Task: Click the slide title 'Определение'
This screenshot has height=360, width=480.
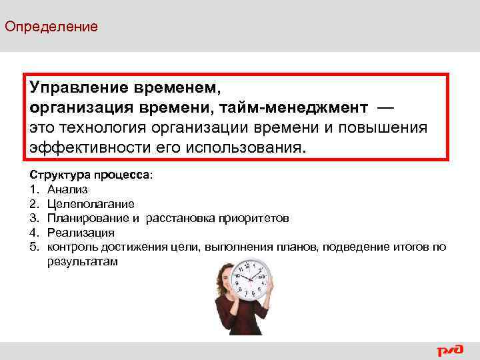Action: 51,27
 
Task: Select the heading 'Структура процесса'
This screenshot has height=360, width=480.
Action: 90,174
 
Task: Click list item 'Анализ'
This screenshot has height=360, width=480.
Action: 67,189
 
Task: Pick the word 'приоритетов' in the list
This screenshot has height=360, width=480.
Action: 253,218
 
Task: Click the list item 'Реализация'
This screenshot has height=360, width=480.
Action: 81,233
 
